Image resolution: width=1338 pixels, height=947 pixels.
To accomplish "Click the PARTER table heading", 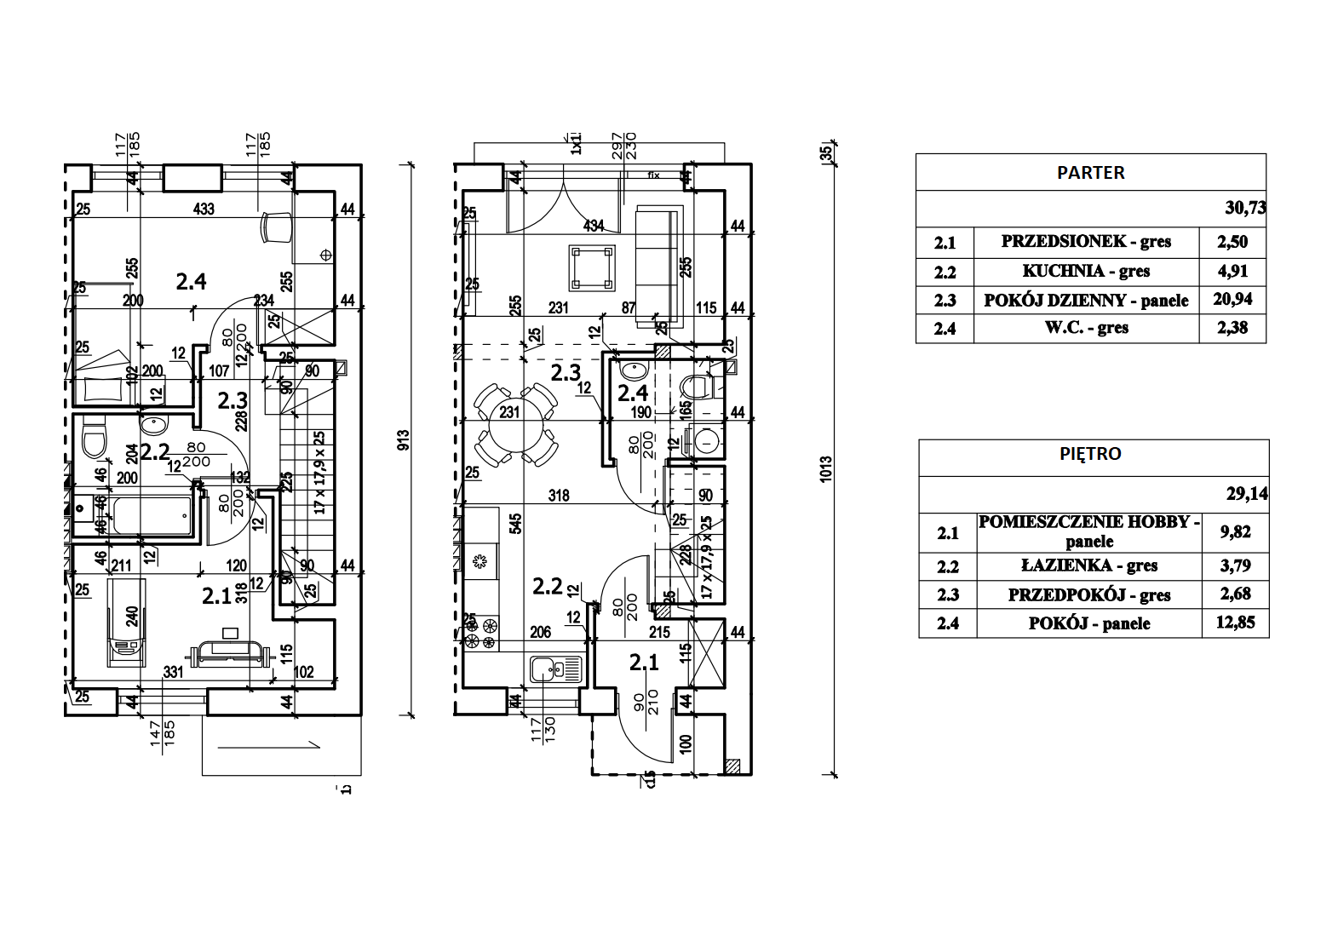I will pyautogui.click(x=1090, y=173).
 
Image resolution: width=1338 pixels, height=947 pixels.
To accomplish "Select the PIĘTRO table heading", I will pyautogui.click(x=1090, y=454).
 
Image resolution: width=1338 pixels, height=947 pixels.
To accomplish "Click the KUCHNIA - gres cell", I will pyautogui.click(x=1086, y=272).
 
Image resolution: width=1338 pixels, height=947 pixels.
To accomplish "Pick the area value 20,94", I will pyautogui.click(x=1232, y=299).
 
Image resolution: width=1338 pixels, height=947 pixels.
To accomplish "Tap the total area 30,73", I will pyautogui.click(x=1244, y=208).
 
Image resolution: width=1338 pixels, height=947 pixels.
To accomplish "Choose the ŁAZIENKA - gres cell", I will pyautogui.click(x=1088, y=566).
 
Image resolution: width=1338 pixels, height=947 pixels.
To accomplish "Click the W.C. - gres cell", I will pyautogui.click(x=1086, y=328).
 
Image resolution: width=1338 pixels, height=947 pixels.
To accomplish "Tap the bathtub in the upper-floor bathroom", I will pyautogui.click(x=151, y=515).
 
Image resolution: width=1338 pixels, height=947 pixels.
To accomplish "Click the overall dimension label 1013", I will pyautogui.click(x=825, y=470).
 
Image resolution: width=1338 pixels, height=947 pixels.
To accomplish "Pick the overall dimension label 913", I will pyautogui.click(x=404, y=439).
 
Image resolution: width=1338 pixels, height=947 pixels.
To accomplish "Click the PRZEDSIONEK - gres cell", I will pyautogui.click(x=1086, y=242).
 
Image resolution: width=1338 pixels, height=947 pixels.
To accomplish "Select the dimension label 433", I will pyautogui.click(x=204, y=209).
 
